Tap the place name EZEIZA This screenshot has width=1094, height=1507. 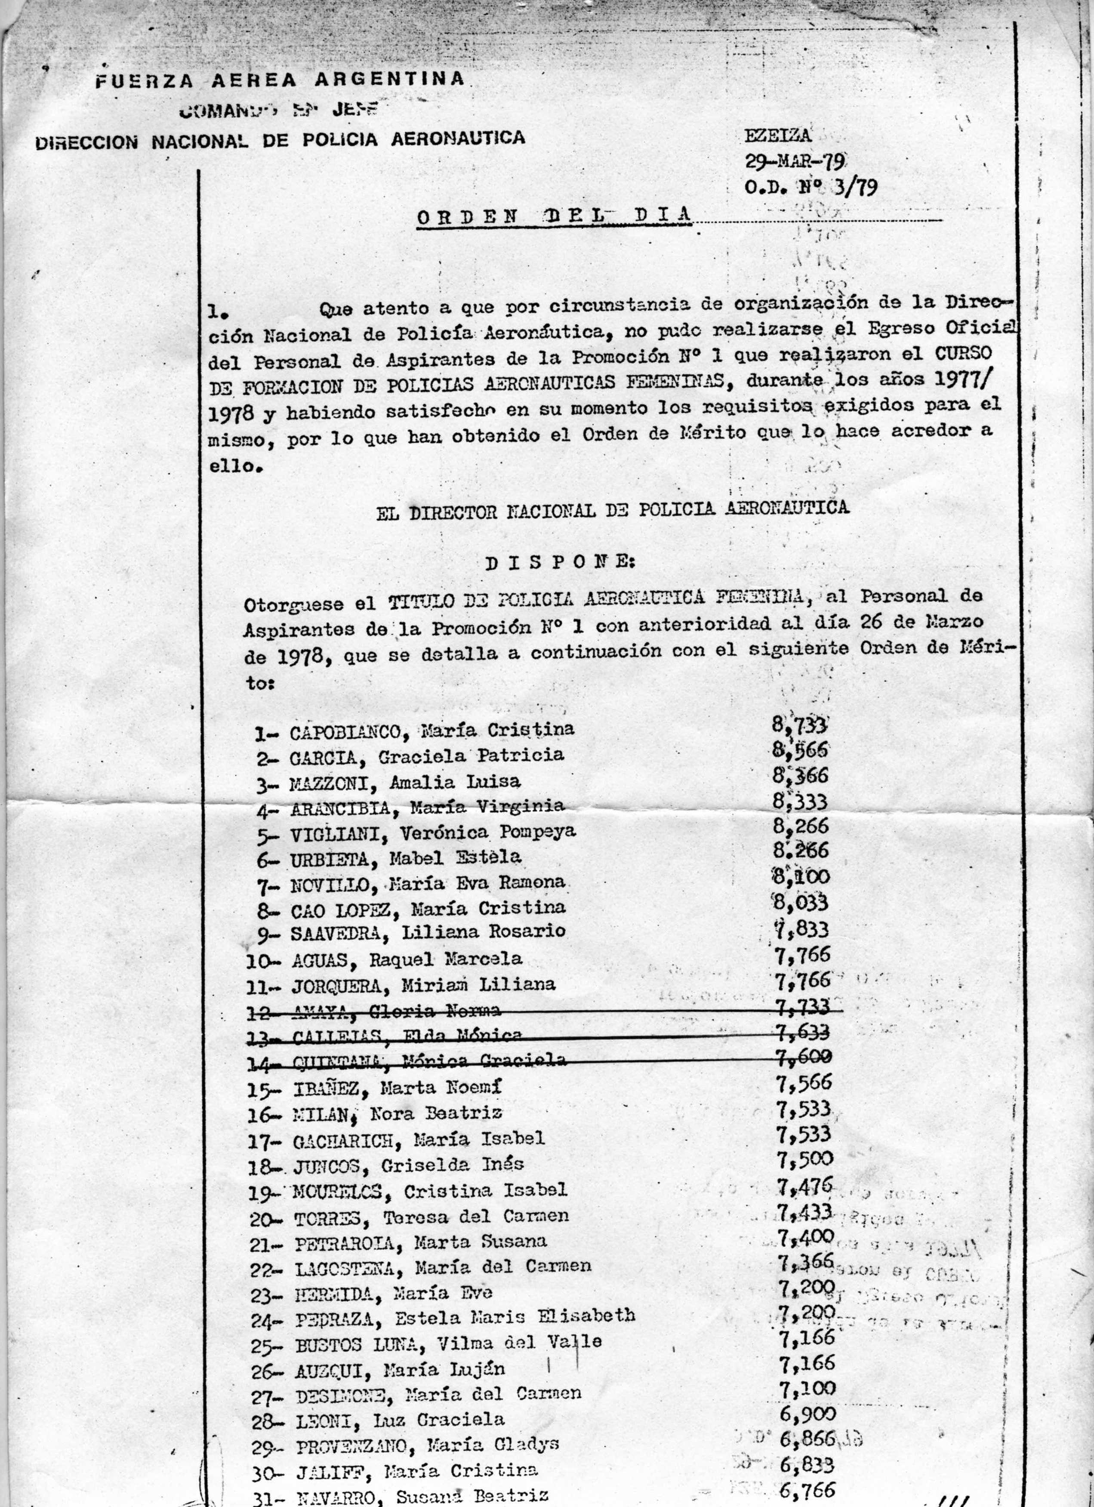coord(778,136)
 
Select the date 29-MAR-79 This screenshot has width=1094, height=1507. coord(794,161)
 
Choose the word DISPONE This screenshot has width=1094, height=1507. coord(560,564)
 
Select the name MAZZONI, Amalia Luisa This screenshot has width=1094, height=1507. coord(405,783)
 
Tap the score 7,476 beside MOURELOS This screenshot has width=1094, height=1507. coord(805,1185)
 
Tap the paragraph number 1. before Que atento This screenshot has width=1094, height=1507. coord(219,310)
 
